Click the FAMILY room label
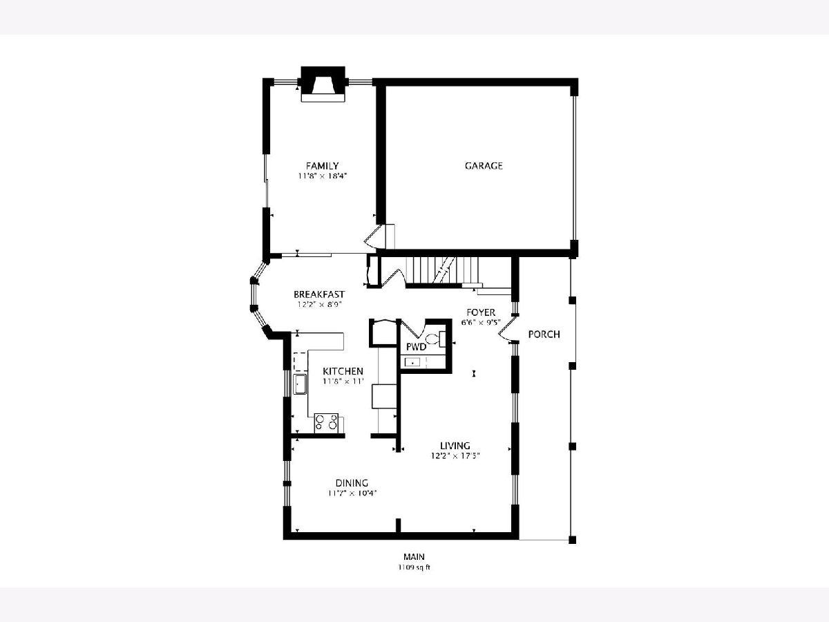click(x=322, y=166)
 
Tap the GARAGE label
click(x=484, y=166)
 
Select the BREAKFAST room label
click(x=319, y=294)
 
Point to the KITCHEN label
click(x=343, y=371)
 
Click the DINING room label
click(x=352, y=483)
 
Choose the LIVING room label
click(x=455, y=446)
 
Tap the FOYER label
click(x=481, y=312)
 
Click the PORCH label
click(x=544, y=334)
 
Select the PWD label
click(x=416, y=347)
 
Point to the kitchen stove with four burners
click(x=326, y=423)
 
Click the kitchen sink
click(x=301, y=384)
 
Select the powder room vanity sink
click(x=412, y=363)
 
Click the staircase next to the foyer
click(x=442, y=270)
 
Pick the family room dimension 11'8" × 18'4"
click(x=322, y=176)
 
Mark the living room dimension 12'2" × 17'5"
click(x=455, y=456)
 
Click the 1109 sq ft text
click(x=414, y=567)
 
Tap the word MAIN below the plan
click(x=414, y=556)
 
